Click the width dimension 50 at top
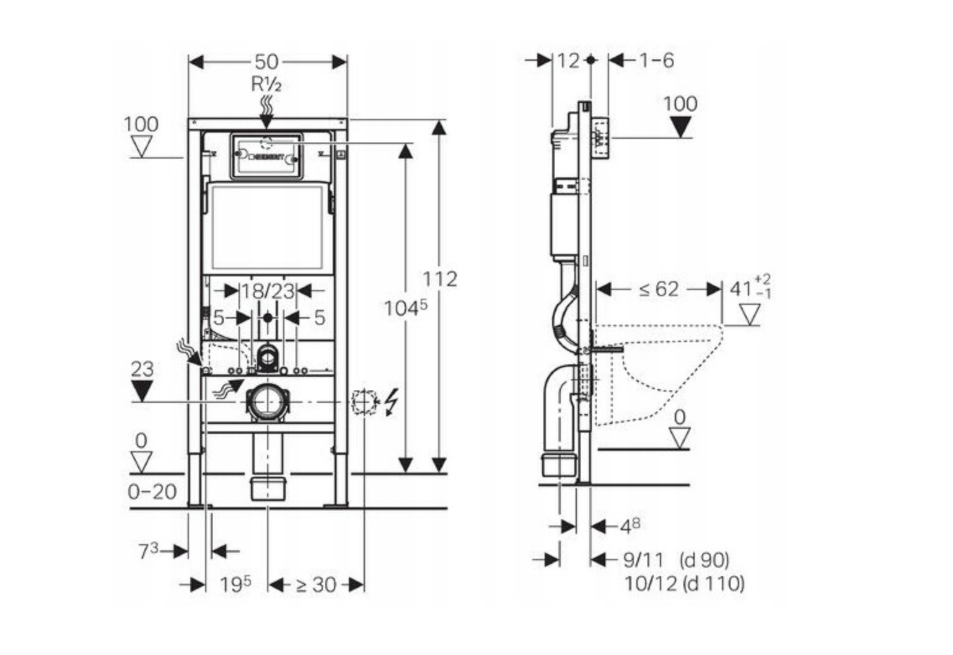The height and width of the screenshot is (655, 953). (x=267, y=61)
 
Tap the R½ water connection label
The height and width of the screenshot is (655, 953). (x=266, y=84)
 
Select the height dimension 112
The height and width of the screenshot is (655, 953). (x=440, y=279)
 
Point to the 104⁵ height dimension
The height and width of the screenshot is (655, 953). (x=405, y=307)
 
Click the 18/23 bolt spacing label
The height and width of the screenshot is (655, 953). (x=267, y=291)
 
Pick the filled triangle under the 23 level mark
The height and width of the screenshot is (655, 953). (x=142, y=390)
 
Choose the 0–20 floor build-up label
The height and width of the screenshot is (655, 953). (x=152, y=492)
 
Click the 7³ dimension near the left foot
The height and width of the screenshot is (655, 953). (x=149, y=550)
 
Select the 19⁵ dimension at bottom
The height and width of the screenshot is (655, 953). (x=235, y=584)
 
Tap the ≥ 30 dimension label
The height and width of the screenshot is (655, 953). (x=316, y=584)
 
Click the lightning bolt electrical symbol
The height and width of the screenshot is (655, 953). (x=390, y=402)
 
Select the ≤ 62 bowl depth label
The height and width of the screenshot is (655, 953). (x=659, y=289)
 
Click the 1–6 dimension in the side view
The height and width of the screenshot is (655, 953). (x=656, y=60)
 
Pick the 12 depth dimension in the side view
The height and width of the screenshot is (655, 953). (x=568, y=60)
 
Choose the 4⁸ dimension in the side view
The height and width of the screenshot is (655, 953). (x=630, y=527)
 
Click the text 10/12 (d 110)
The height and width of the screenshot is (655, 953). (x=685, y=583)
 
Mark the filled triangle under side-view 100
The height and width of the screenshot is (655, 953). (x=681, y=127)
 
